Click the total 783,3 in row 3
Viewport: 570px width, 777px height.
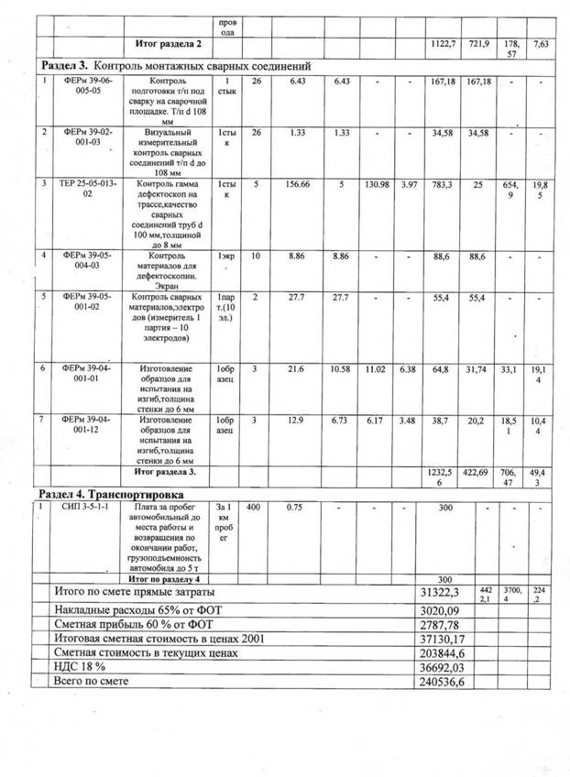442,184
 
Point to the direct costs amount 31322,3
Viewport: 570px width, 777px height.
440,594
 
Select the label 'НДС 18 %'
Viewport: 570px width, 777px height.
81,668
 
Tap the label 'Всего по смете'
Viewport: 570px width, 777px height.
92,683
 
